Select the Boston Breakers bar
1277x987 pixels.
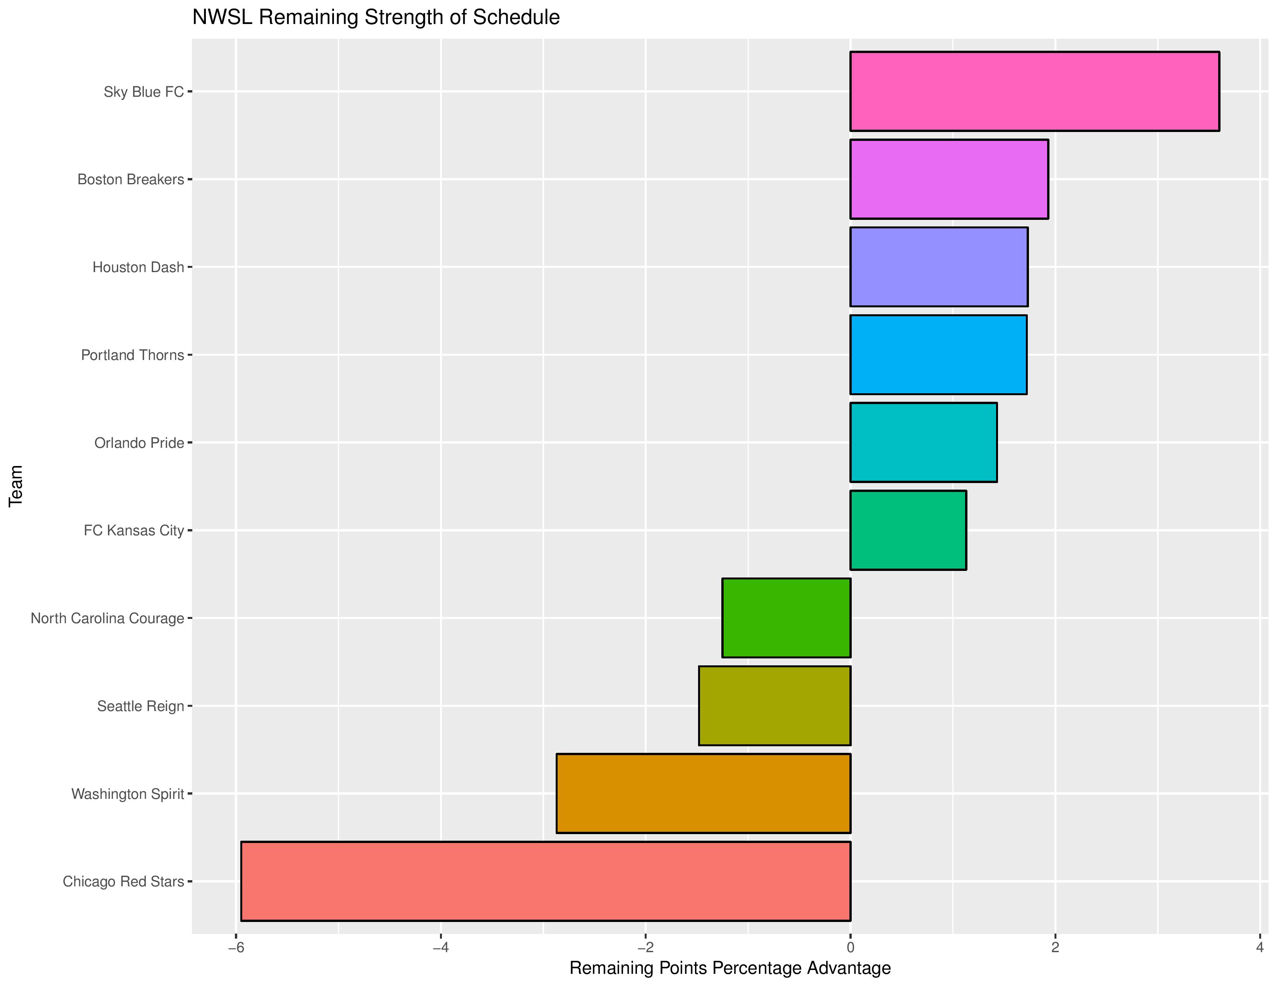(x=948, y=179)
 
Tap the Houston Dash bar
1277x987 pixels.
(x=938, y=267)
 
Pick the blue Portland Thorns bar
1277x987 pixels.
(x=938, y=354)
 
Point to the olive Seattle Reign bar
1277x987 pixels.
(x=774, y=705)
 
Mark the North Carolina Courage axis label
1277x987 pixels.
(x=107, y=618)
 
